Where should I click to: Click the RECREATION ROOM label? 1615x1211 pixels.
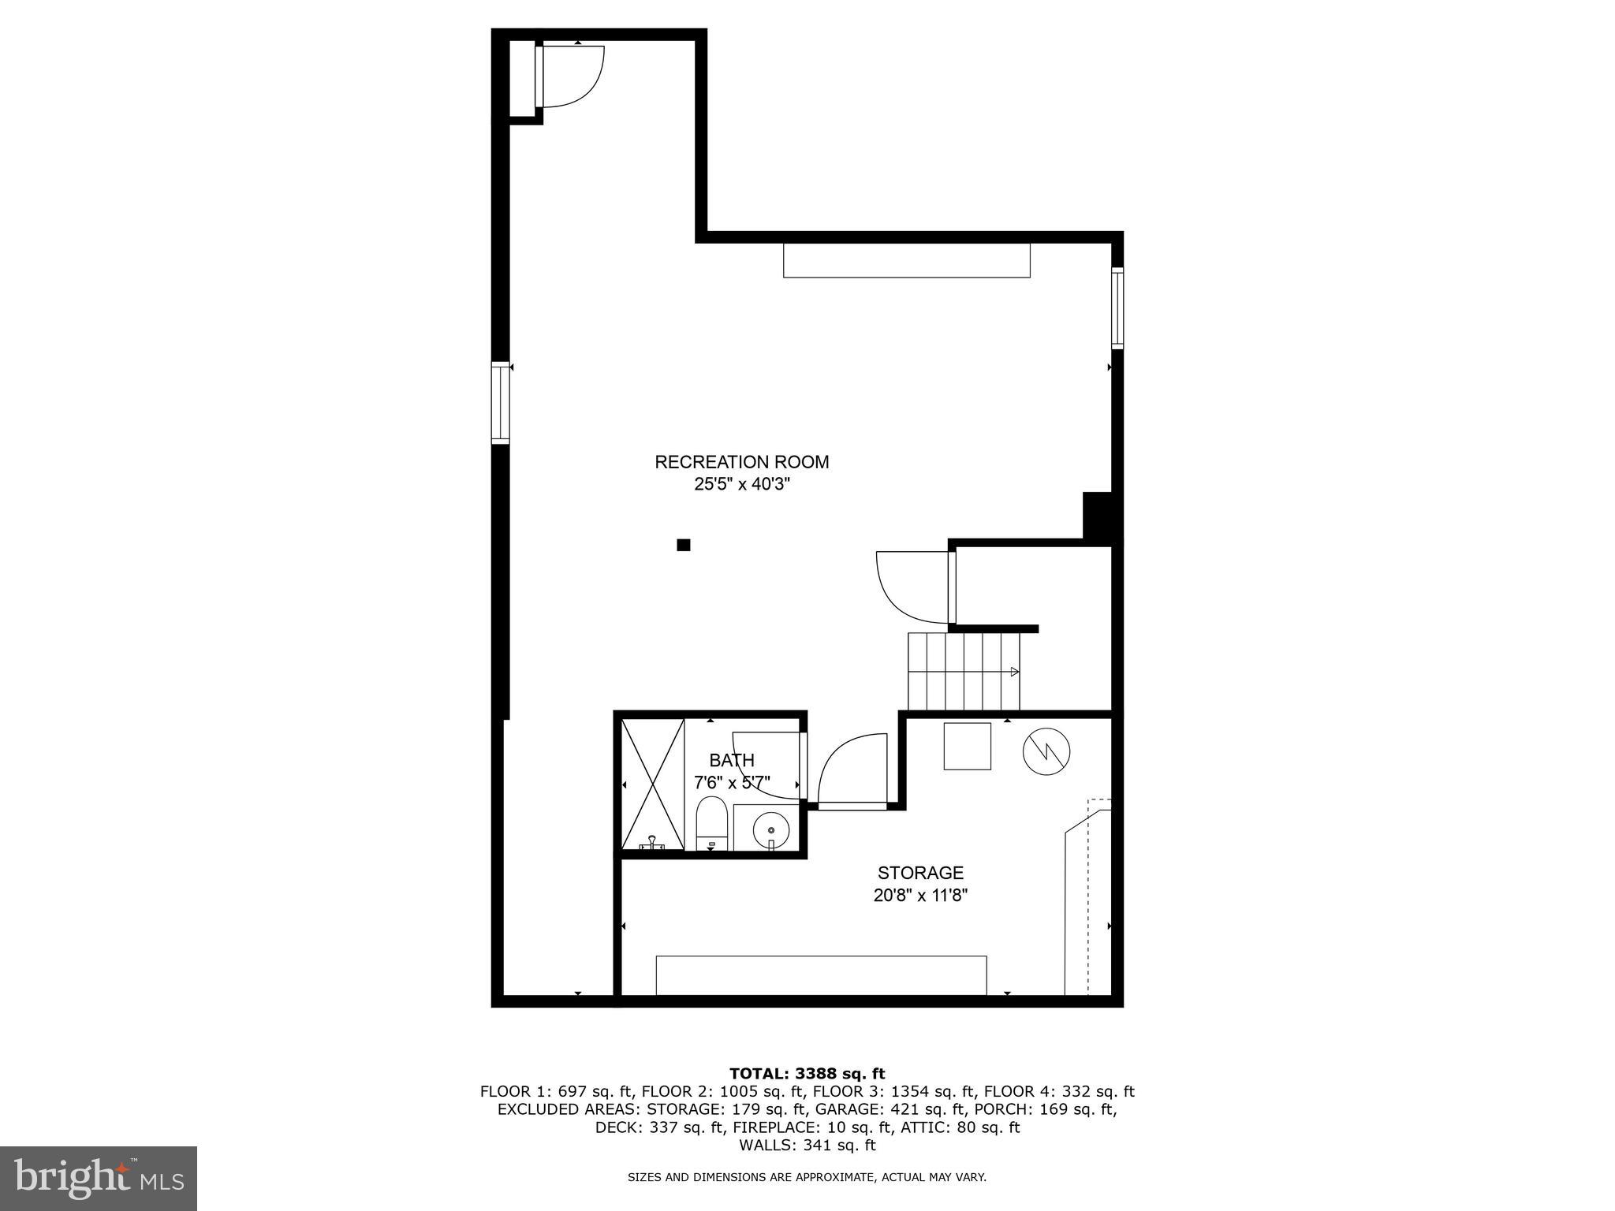741,462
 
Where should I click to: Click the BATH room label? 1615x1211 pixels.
731,760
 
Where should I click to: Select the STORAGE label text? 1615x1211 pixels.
920,873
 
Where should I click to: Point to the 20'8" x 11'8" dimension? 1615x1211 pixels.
920,896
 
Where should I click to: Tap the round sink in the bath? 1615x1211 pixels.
770,830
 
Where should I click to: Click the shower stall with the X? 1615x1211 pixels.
653,784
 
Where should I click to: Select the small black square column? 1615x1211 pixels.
684,545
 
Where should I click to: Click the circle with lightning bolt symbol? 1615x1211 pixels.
1046,751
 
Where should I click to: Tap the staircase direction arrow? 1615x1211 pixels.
1014,672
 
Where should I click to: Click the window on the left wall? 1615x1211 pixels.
500,403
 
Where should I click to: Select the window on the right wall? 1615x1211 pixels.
1117,308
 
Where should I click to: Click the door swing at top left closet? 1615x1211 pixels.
571,76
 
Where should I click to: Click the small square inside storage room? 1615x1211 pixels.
968,746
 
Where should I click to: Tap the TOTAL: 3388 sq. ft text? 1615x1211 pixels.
807,1073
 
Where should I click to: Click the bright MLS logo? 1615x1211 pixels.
99,1179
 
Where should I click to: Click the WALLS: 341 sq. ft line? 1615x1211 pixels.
807,1146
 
